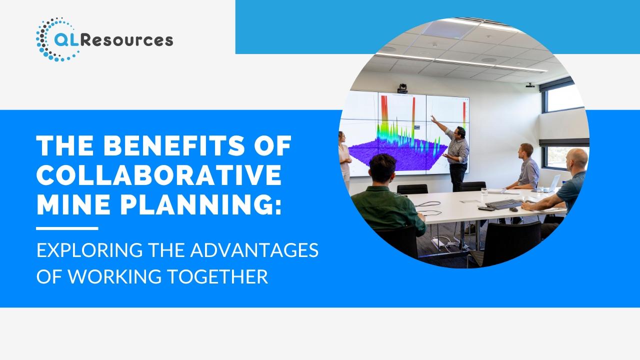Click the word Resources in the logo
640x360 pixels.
(x=126, y=40)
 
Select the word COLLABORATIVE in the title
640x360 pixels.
(x=159, y=175)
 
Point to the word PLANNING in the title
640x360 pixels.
(x=200, y=204)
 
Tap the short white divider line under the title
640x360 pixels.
(x=67, y=228)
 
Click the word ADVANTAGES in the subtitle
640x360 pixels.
(x=254, y=250)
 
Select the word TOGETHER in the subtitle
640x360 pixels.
(x=217, y=276)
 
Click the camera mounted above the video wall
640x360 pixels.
(x=402, y=88)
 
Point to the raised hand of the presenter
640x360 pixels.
(x=433, y=118)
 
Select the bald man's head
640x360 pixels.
(x=576, y=159)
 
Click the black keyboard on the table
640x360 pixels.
(x=504, y=203)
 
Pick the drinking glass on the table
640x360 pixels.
(x=484, y=191)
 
